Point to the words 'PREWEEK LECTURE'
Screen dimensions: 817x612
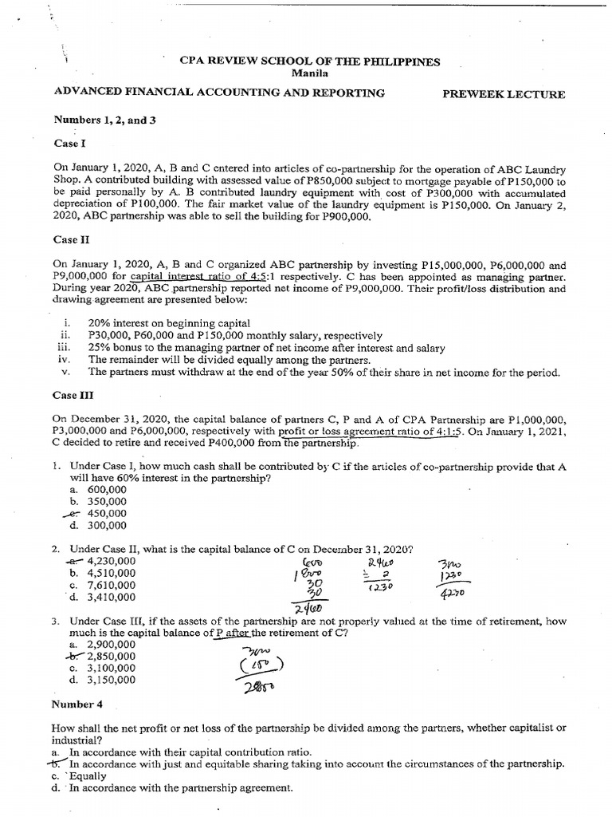(504, 94)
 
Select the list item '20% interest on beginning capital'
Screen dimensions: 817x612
(169, 323)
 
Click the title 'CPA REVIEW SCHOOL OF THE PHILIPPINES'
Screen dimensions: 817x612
(311, 61)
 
